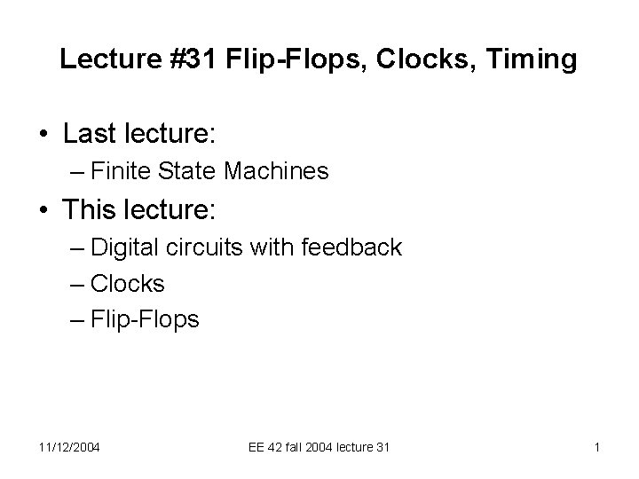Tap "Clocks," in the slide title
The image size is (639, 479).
point(428,59)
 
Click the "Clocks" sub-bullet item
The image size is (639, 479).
point(128,283)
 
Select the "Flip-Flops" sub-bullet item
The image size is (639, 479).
point(146,319)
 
